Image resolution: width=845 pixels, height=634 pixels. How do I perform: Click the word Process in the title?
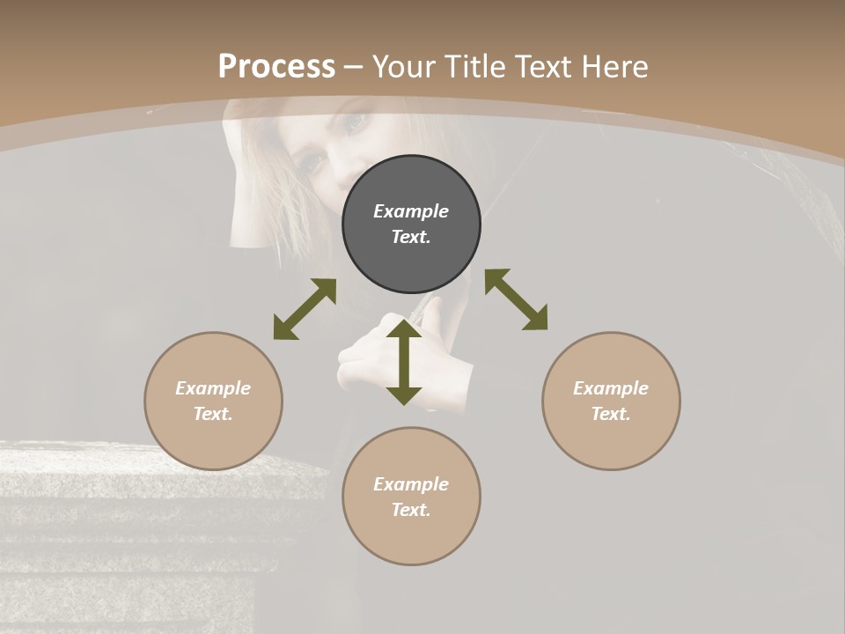276,66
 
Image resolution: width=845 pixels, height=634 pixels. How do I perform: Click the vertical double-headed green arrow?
404,362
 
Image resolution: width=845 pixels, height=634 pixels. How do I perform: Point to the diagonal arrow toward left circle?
305,309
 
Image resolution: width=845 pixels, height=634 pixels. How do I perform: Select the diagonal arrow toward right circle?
516,299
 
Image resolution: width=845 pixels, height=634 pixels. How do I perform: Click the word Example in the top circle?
411,211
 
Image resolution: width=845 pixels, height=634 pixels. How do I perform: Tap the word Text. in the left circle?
213,414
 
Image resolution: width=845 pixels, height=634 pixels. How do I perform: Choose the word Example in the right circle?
611,388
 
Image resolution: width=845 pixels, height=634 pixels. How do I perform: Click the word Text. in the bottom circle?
411,510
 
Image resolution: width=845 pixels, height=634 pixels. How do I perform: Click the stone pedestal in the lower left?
132,528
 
